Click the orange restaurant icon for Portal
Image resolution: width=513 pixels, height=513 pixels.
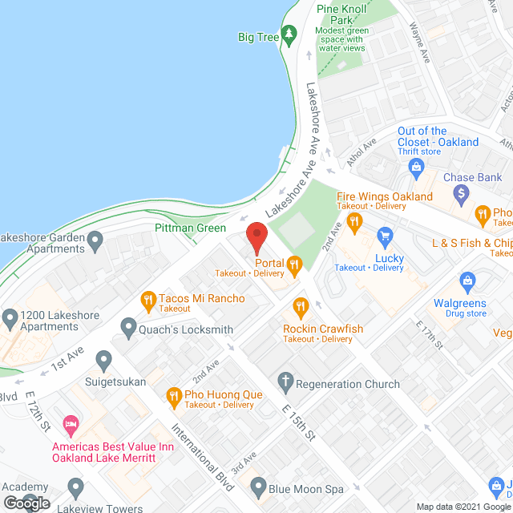click(x=294, y=264)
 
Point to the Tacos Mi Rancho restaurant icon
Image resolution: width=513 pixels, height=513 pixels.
click(x=147, y=301)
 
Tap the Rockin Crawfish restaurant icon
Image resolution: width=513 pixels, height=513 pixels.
click(x=301, y=306)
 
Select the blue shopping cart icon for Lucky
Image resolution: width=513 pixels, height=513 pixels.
click(x=386, y=236)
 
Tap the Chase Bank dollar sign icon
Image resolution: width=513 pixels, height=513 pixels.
click(x=461, y=193)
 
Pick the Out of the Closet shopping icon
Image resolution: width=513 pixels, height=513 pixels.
click(x=416, y=167)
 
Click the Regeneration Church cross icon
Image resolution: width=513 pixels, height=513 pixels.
click(x=285, y=383)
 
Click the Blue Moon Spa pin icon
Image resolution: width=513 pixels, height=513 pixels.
click(x=258, y=486)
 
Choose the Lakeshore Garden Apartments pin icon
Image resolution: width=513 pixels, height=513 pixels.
click(x=95, y=239)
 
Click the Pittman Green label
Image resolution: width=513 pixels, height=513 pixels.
click(x=189, y=228)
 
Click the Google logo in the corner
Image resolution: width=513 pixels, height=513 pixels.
click(x=26, y=503)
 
